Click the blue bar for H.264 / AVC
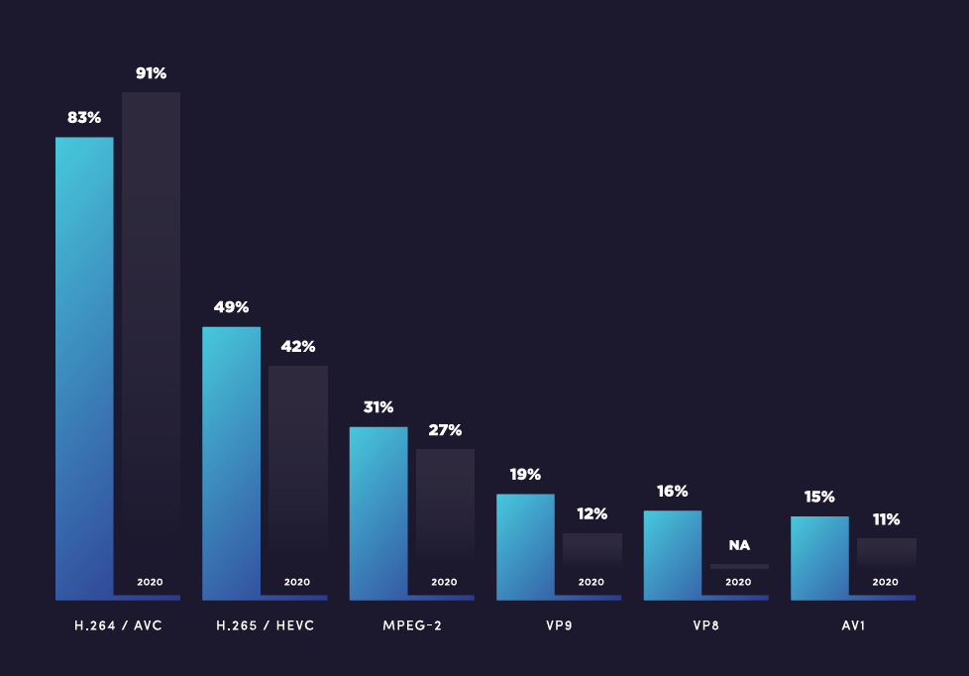(x=84, y=367)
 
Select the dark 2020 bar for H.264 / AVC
(x=151, y=337)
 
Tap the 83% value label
(x=84, y=117)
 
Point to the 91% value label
(x=151, y=73)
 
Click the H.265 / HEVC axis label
(x=265, y=626)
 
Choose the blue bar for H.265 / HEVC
(x=231, y=462)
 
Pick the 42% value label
(x=298, y=347)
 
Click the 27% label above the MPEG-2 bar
(x=445, y=430)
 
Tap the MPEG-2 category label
(x=411, y=626)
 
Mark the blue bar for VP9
(x=525, y=546)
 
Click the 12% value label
(x=592, y=514)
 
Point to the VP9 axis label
(x=559, y=626)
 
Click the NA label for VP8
(x=739, y=545)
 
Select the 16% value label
(x=672, y=492)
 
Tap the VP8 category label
(x=705, y=626)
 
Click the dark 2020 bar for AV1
(x=886, y=555)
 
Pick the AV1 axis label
(x=853, y=626)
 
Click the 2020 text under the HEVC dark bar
(x=297, y=582)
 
